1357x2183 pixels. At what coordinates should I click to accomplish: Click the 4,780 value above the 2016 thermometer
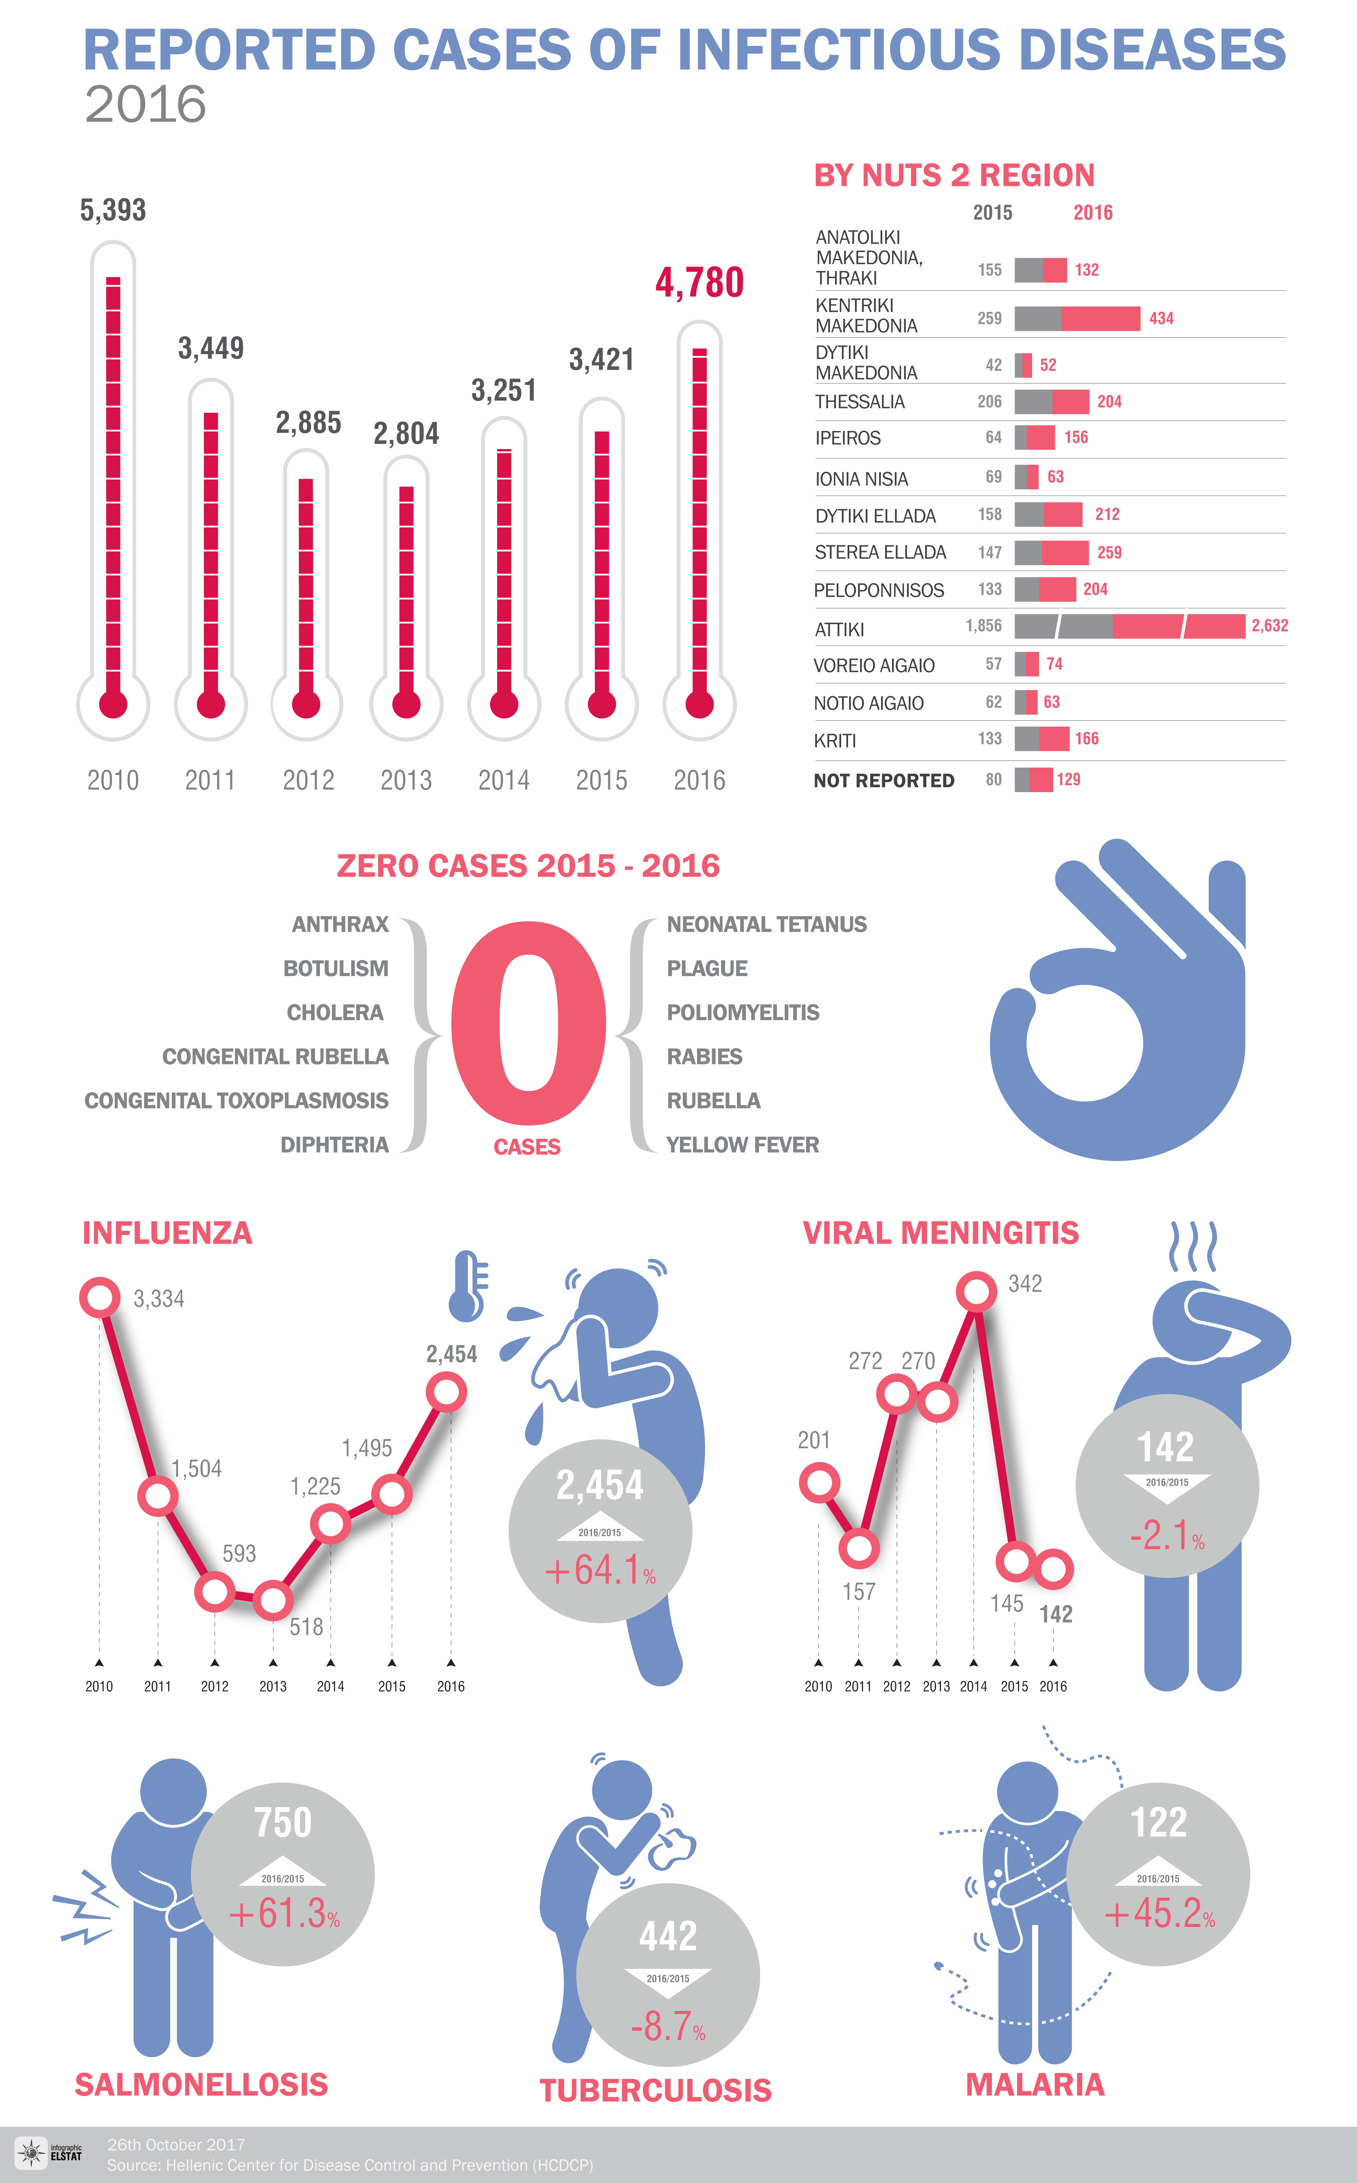coord(699,282)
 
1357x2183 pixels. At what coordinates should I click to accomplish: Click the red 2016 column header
coord(1092,212)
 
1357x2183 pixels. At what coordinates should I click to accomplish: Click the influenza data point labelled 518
coord(273,1600)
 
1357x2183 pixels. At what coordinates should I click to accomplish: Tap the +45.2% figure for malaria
coord(1159,1914)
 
